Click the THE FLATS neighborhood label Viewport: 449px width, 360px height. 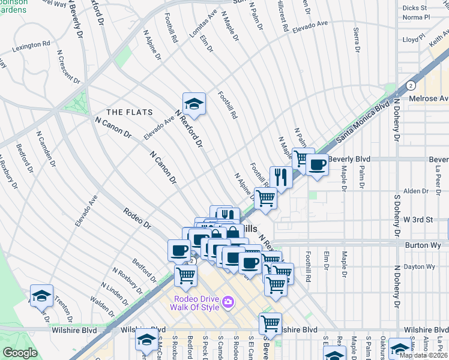pyautogui.click(x=129, y=112)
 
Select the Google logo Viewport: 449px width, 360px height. pyautogui.click(x=20, y=353)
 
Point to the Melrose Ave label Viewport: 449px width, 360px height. pyautogui.click(x=428, y=98)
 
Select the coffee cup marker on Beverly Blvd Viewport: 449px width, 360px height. pyautogui.click(x=317, y=164)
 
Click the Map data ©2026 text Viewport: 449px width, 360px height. pyautogui.click(x=423, y=355)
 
